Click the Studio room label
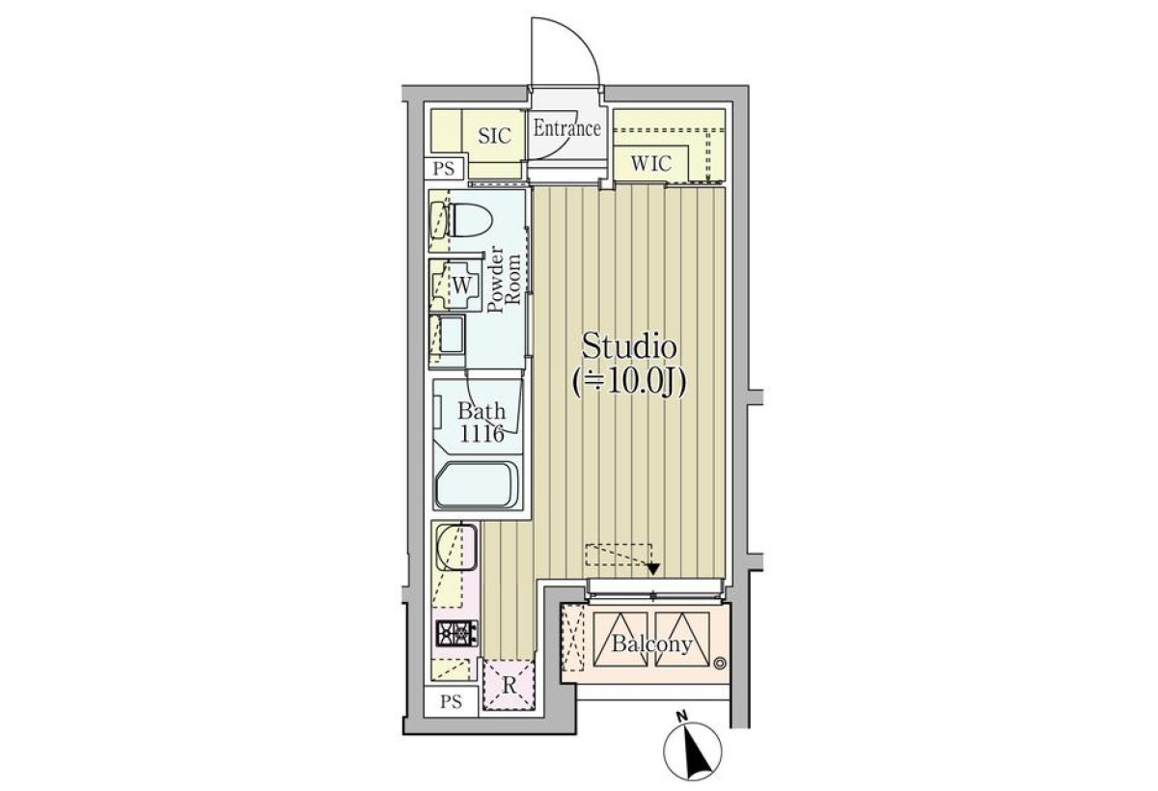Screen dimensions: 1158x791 pos(629,346)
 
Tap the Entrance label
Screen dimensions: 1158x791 pos(567,128)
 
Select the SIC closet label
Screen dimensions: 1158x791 pos(494,136)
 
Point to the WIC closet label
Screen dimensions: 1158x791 pos(651,164)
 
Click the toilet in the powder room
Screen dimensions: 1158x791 pos(461,220)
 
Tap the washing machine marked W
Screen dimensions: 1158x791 pos(455,285)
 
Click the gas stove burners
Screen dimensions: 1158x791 pos(457,634)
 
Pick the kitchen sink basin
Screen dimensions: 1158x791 pos(456,547)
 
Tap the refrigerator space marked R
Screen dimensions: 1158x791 pos(509,686)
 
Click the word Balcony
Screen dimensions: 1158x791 pos(651,644)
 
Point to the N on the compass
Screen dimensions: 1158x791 pos(682,717)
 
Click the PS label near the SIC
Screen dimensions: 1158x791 pos(444,169)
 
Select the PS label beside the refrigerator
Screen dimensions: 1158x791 pos(451,701)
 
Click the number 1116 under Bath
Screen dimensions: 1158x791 pos(482,434)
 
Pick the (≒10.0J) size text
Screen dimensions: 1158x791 pos(628,384)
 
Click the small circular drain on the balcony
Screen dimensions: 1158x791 pos(719,663)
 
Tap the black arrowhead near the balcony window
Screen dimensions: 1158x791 pos(653,569)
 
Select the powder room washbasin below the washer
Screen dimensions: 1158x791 pos(448,340)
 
